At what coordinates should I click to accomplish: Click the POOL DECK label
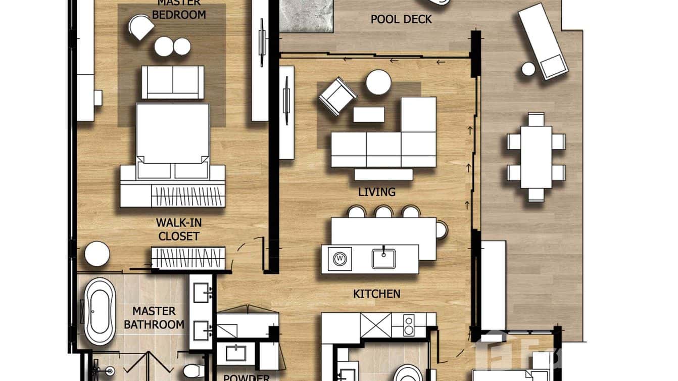click(401, 19)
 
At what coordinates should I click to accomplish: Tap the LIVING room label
click(376, 192)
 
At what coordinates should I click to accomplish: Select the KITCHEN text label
click(376, 294)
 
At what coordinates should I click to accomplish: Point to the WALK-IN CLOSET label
click(178, 229)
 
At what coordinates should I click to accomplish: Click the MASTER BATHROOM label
click(154, 318)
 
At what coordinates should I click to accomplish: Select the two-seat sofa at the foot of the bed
click(173, 82)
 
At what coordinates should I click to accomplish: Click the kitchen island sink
click(384, 258)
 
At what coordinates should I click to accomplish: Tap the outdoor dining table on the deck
click(536, 157)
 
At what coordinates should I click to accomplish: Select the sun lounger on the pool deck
click(542, 41)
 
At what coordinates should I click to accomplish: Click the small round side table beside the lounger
click(528, 69)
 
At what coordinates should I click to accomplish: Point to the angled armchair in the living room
click(337, 96)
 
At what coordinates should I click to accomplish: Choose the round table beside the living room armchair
click(378, 82)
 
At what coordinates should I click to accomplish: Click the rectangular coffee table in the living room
click(368, 114)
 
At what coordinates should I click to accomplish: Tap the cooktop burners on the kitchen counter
click(408, 324)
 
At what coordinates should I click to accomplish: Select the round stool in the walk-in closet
click(97, 254)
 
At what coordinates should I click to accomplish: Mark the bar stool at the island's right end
click(441, 230)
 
